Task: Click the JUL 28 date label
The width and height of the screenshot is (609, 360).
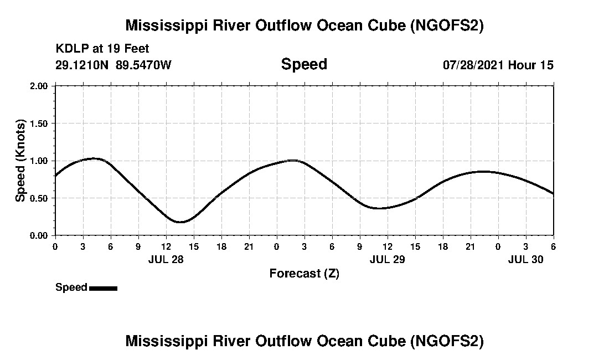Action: (x=166, y=259)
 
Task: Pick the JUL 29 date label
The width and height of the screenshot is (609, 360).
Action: (x=387, y=259)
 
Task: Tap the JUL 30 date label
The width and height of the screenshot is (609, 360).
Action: (x=525, y=259)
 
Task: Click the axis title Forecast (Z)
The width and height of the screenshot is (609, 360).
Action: (x=304, y=273)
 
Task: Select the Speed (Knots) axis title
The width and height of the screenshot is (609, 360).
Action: (x=20, y=161)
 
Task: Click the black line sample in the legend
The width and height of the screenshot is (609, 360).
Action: (x=103, y=288)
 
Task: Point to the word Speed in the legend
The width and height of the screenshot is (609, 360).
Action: (x=71, y=287)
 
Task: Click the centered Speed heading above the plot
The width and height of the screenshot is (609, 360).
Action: (x=304, y=64)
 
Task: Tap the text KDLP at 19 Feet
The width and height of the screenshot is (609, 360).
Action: (x=102, y=49)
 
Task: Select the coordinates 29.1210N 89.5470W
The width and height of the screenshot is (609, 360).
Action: (x=113, y=65)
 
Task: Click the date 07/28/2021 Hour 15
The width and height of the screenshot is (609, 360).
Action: (x=498, y=65)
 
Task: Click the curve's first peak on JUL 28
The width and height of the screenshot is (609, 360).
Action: (x=94, y=158)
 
